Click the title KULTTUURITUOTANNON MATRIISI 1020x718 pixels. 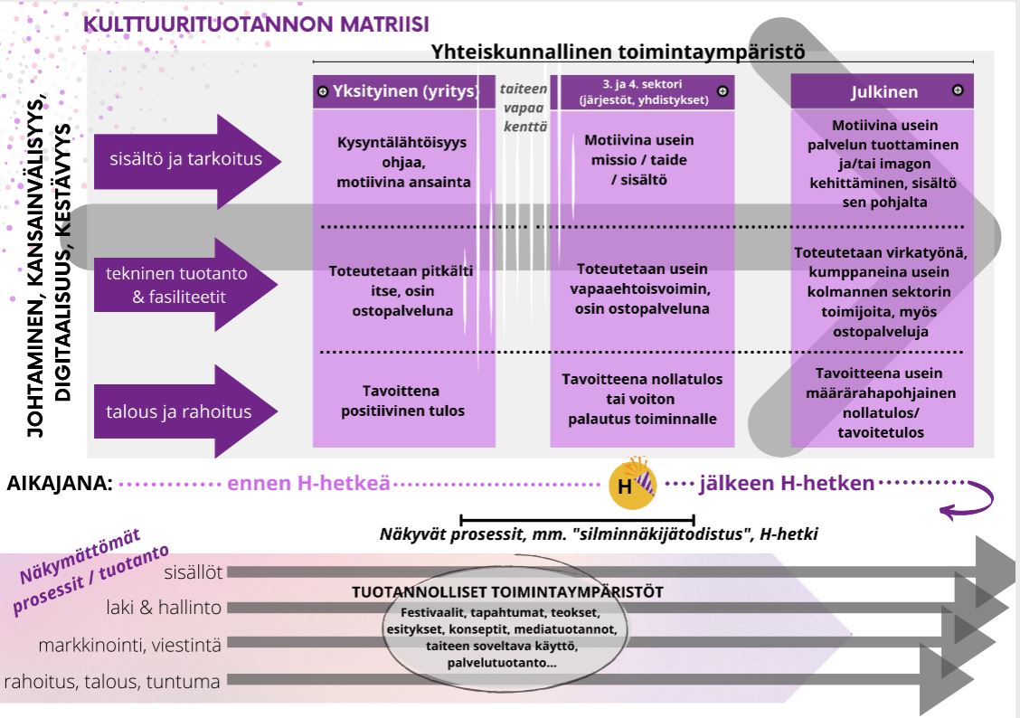click(256, 24)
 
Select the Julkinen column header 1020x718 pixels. click(883, 91)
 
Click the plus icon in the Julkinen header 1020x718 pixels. click(958, 90)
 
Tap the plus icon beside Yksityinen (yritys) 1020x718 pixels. click(323, 91)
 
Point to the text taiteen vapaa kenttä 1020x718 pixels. click(525, 107)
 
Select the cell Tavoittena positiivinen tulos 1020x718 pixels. click(403, 401)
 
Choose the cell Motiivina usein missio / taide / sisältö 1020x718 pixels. click(638, 160)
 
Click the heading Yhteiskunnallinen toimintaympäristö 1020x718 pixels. click(619, 52)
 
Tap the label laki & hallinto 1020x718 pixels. click(175, 608)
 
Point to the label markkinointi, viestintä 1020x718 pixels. click(129, 645)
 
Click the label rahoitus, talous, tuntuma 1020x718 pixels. click(113, 681)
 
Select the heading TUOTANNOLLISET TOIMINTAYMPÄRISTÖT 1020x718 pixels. click(507, 592)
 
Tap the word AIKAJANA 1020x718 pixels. click(60, 484)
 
